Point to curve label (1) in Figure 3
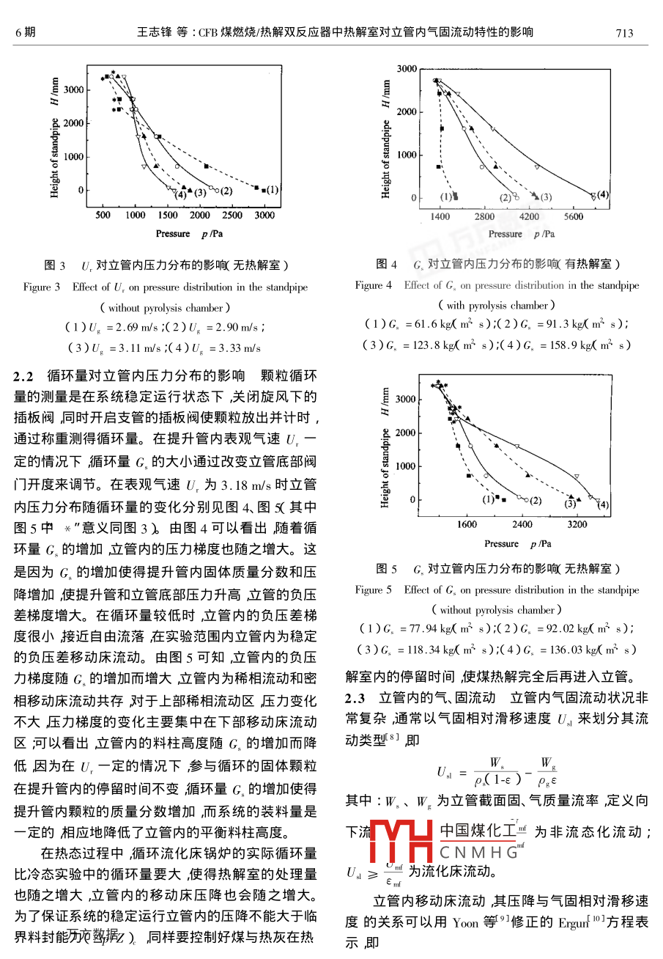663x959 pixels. point(272,190)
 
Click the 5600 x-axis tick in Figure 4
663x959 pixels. point(574,217)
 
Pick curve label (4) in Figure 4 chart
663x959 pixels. point(603,194)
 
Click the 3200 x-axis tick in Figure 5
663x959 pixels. point(577,525)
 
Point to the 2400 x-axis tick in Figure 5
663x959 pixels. point(522,525)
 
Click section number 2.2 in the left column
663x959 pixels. point(24,378)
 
